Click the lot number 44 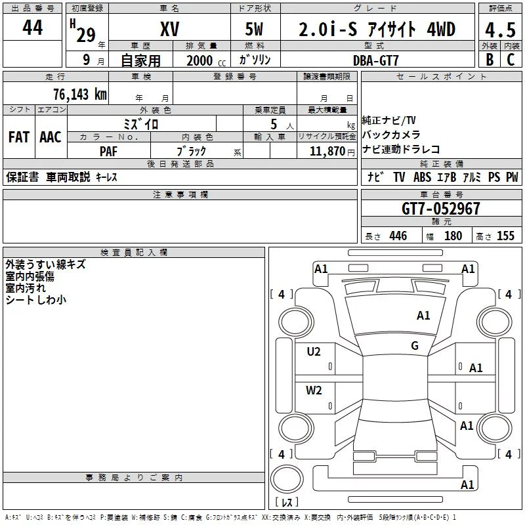[x=32, y=27]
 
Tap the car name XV [x=170, y=29]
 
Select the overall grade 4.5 [x=501, y=30]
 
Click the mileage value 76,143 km [x=80, y=94]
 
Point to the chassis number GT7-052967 [x=440, y=209]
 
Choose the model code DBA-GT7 [x=376, y=60]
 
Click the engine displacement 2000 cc [x=206, y=60]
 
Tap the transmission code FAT [x=19, y=137]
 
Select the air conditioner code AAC [x=51, y=137]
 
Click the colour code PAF [x=108, y=152]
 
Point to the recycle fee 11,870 [x=327, y=152]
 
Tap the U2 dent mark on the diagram [x=314, y=352]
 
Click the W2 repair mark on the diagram [x=314, y=390]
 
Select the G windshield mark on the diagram [x=415, y=346]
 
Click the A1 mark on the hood [x=423, y=316]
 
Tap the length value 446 [x=398, y=236]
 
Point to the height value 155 [x=505, y=236]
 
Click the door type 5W [x=254, y=29]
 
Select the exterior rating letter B [x=490, y=60]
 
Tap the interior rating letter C [x=511, y=60]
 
